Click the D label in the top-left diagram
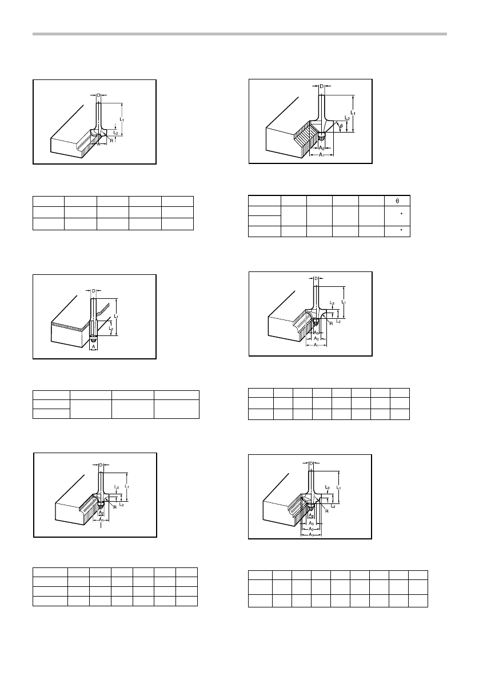pos(98,95)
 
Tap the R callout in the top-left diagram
pos(111,140)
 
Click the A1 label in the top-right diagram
pos(321,154)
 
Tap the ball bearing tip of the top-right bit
pos(321,135)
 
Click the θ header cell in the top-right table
pos(397,201)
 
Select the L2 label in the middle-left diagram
pos(110,329)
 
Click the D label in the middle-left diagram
pos(93,291)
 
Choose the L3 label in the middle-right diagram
pos(333,303)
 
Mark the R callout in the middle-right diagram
pos(330,323)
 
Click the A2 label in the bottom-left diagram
pos(101,513)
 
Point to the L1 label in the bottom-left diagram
pos(127,485)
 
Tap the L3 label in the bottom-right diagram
pos(327,487)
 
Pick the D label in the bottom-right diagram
pos(311,463)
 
